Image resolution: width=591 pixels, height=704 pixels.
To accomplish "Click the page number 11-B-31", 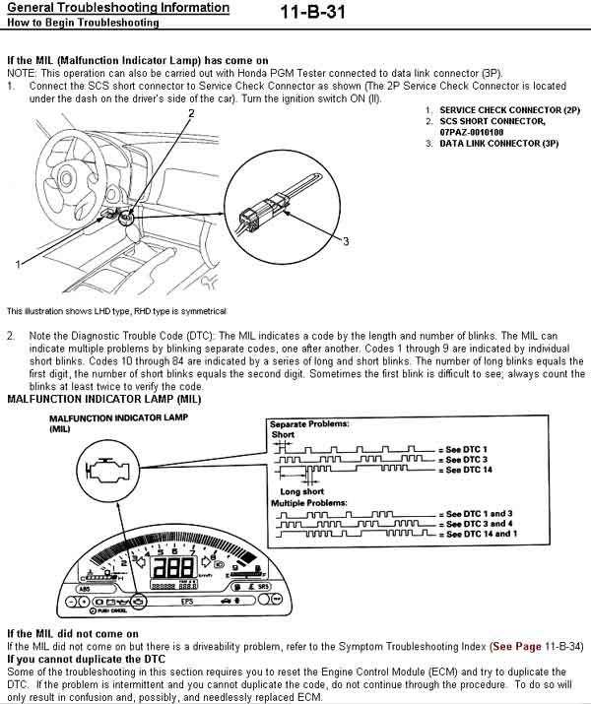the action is [313, 12].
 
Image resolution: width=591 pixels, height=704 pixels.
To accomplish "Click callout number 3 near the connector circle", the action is [346, 241].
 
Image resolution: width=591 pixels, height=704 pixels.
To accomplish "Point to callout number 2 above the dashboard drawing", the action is [191, 113].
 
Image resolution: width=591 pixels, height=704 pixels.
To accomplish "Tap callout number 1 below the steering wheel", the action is [18, 265].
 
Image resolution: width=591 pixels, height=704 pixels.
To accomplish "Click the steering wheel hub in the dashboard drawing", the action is [66, 178].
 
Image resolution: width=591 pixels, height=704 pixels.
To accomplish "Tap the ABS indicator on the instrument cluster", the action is [84, 589].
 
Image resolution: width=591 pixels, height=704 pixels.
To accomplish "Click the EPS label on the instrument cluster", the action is [187, 601].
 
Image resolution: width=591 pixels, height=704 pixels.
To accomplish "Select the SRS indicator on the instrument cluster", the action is [263, 587].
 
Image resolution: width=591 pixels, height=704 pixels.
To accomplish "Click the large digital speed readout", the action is [174, 568].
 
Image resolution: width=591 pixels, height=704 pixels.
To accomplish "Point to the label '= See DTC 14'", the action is [465, 470].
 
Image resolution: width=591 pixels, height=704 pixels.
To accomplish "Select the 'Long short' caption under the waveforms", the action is [301, 491].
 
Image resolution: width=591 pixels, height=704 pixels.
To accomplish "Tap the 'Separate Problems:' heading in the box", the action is [309, 423].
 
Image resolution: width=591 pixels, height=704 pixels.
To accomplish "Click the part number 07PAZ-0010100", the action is [472, 132].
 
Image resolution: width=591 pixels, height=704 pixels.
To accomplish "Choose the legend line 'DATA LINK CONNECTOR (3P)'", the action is [499, 143].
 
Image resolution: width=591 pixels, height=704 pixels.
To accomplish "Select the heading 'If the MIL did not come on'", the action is [73, 634].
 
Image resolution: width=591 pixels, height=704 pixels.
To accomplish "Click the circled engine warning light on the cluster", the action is [139, 601].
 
